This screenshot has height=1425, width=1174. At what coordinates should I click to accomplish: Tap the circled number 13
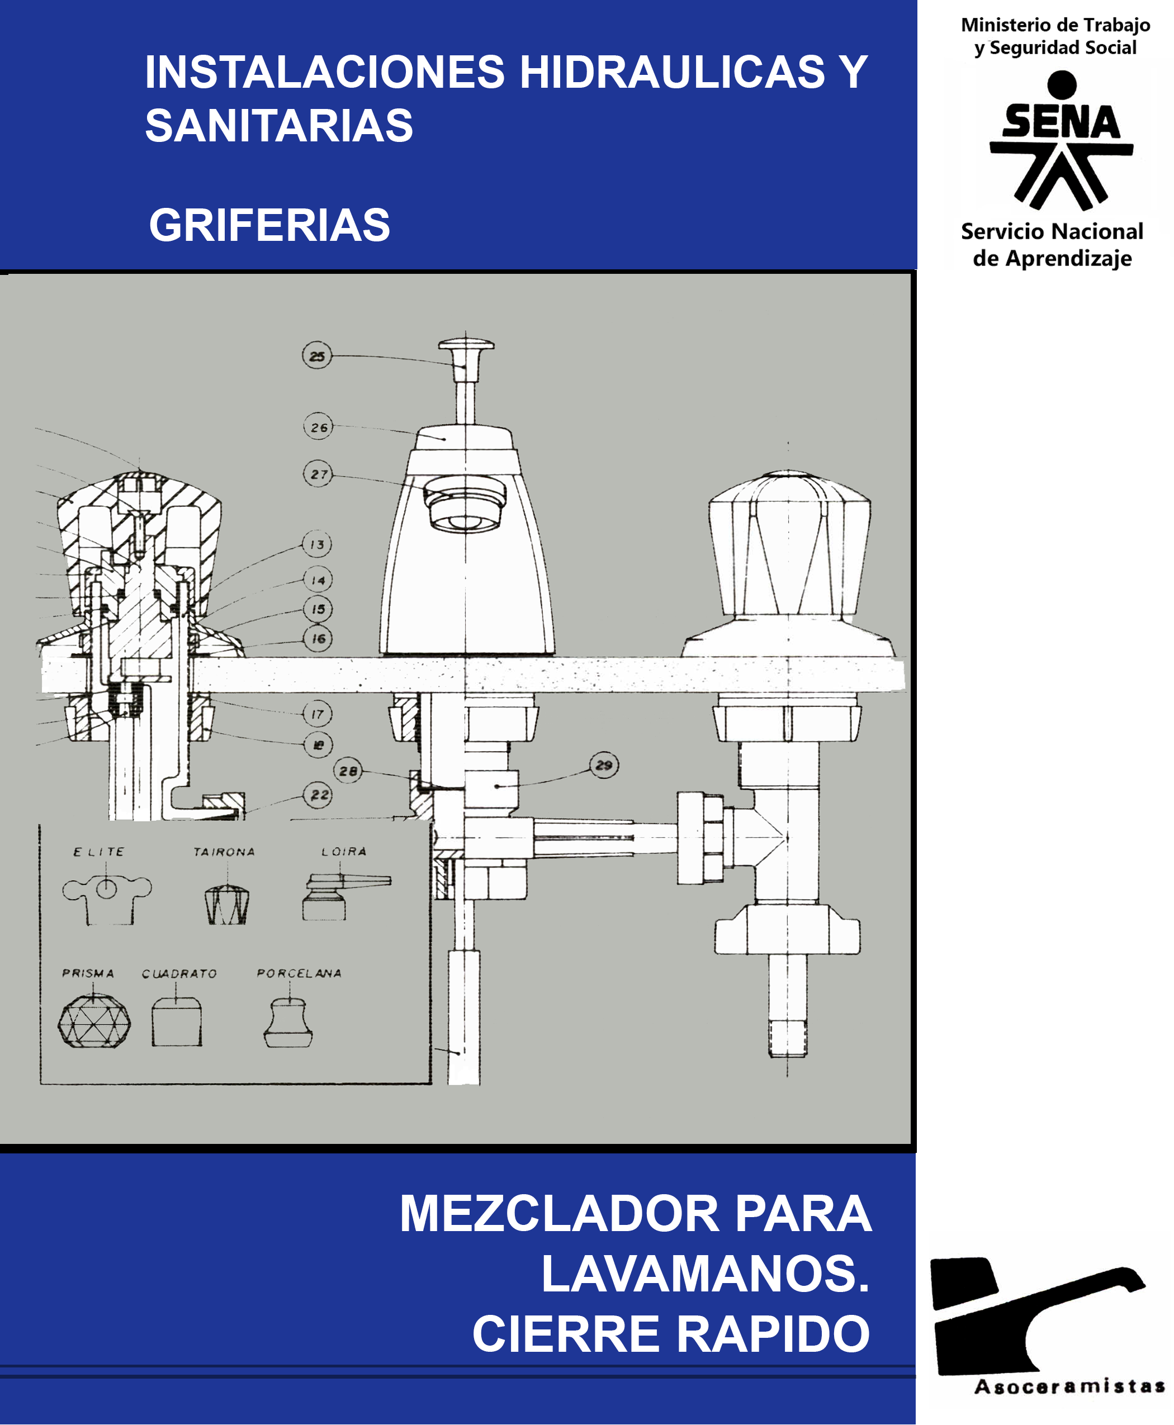pos(317,544)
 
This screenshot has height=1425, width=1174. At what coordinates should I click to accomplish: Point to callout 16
pos(317,638)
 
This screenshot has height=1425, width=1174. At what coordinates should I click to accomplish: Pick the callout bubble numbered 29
pos(603,765)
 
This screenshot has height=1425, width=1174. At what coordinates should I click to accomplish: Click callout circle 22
pos(319,795)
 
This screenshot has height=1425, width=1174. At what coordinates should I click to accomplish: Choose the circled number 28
pos(348,771)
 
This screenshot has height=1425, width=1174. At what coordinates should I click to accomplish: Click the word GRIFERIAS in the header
pos(269,225)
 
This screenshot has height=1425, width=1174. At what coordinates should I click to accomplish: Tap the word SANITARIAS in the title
pos(278,126)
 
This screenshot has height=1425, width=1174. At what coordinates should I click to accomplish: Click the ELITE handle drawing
pos(107,899)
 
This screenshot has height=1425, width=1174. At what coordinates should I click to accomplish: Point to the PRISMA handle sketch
pos(94,1021)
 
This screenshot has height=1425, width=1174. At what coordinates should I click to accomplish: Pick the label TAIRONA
pos(224,852)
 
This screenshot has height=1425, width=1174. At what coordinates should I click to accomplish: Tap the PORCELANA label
pos(299,973)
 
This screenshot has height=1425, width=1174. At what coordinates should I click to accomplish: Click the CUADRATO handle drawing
pos(177,1022)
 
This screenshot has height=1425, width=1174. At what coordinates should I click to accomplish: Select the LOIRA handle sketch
pos(345,896)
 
